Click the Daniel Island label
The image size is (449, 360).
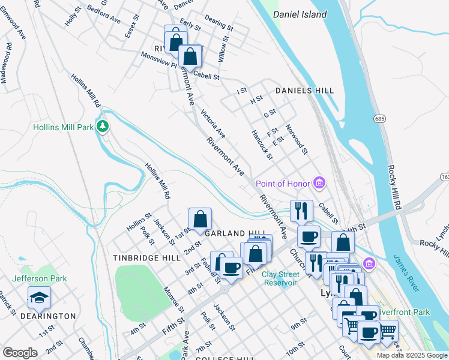pos(300,14)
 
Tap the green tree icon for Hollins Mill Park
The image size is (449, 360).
pos(103,126)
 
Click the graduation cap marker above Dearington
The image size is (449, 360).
pos(39,298)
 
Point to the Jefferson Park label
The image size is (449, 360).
pos(40,278)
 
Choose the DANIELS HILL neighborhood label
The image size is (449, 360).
pos(304,91)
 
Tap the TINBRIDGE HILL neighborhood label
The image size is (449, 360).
pos(146,257)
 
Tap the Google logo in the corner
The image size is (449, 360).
pos(20,352)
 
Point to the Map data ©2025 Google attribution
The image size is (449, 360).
pos(412,355)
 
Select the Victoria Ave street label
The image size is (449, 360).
pos(212,122)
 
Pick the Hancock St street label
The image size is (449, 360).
pos(262,145)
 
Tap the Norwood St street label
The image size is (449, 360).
pos(296,139)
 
